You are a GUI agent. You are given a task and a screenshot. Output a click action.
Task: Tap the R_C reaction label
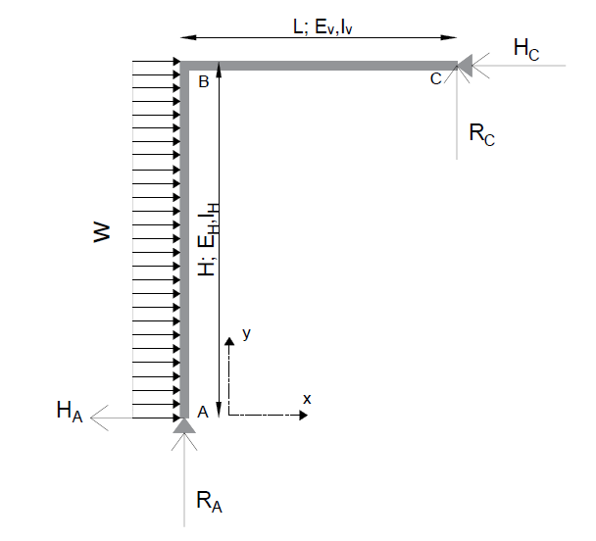click(x=481, y=135)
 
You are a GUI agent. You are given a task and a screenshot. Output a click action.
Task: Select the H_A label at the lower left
click(x=70, y=411)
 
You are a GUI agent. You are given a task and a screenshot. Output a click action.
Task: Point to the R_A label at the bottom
click(x=209, y=502)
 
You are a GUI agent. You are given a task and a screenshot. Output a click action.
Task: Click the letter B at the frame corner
click(x=204, y=82)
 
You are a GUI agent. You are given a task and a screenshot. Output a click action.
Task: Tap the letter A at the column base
click(x=203, y=414)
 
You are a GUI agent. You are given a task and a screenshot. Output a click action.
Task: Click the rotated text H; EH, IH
click(x=207, y=240)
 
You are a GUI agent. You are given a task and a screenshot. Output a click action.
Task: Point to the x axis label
click(x=307, y=399)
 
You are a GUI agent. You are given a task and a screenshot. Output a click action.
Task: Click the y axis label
click(x=246, y=334)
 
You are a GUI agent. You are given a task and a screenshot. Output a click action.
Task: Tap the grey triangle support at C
click(x=465, y=65)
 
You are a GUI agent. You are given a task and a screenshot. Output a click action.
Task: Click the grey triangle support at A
click(x=183, y=424)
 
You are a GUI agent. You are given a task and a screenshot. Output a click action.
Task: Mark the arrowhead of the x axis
click(x=303, y=415)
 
